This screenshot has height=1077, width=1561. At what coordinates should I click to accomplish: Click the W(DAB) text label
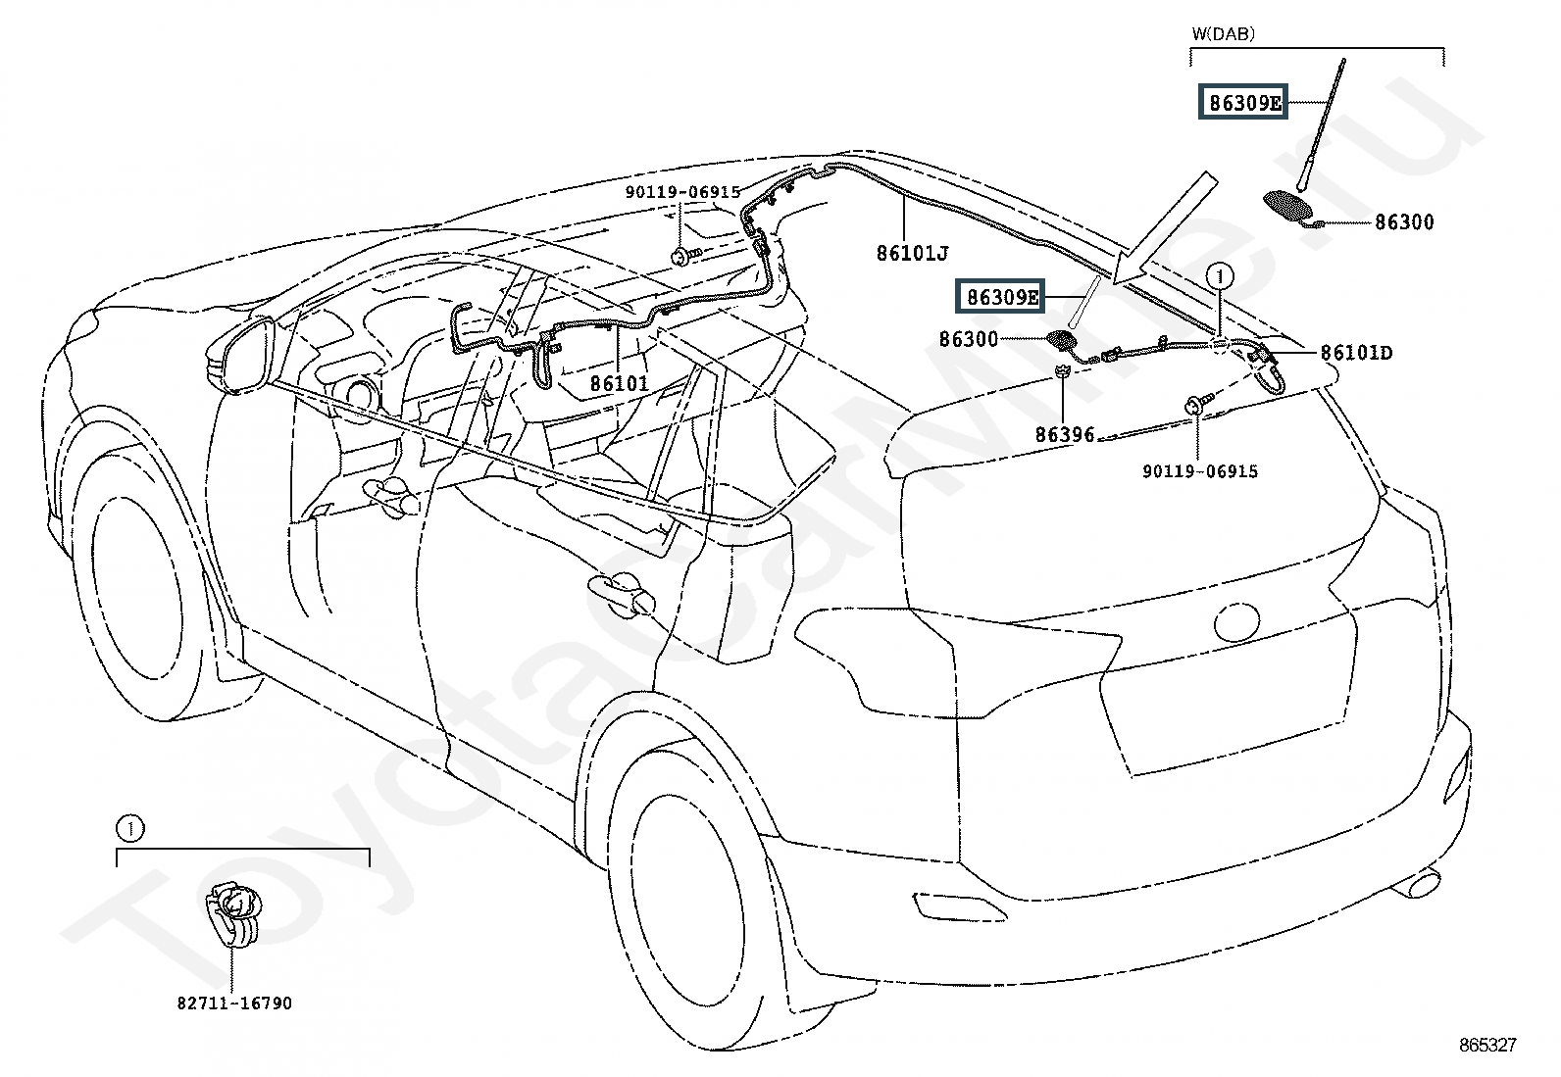(1223, 33)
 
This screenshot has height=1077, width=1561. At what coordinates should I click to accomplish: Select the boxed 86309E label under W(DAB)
(1243, 102)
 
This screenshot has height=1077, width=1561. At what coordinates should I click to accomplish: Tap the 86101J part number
(912, 254)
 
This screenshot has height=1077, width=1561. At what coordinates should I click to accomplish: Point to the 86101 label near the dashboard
(619, 382)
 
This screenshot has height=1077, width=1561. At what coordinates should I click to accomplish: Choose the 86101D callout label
(1356, 352)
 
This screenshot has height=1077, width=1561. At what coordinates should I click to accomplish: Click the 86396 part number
(1065, 434)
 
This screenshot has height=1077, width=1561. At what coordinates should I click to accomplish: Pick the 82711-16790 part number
(234, 1003)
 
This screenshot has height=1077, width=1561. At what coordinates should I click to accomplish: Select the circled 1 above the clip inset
(129, 829)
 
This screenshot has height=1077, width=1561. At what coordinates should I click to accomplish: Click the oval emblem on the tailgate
(1235, 620)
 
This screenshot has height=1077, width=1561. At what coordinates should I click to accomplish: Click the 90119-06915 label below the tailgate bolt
(1199, 471)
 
